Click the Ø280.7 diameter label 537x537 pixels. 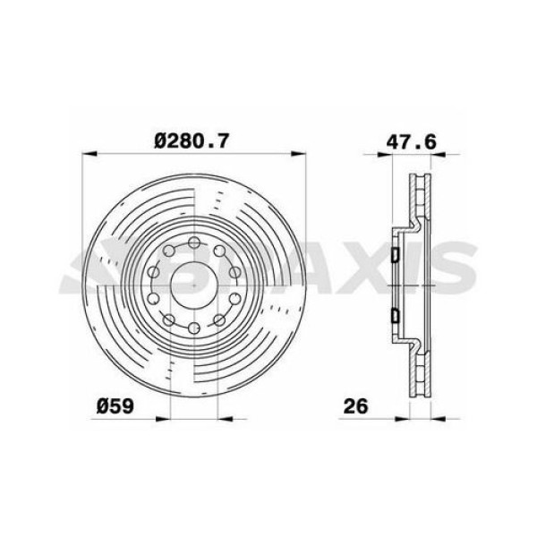(192, 140)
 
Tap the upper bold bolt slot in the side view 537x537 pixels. (394, 256)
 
